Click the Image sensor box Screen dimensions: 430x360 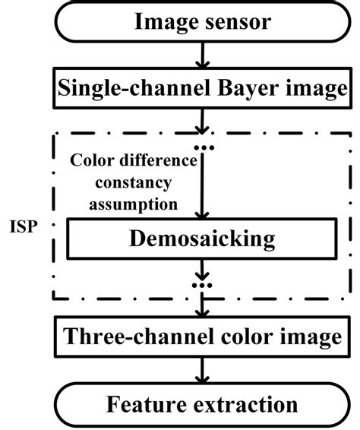click(202, 22)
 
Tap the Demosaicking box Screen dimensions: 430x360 click(202, 239)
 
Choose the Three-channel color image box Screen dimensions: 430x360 click(202, 335)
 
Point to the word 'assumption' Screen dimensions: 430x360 click(123, 203)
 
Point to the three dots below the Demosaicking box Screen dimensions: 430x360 click(202, 287)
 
